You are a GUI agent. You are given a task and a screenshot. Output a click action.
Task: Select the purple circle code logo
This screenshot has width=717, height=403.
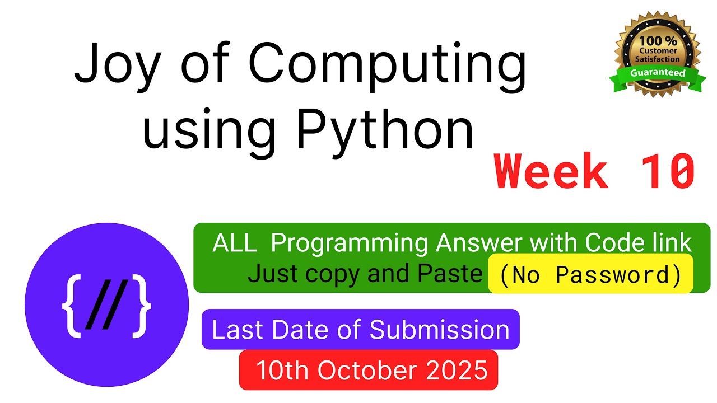pos(106,305)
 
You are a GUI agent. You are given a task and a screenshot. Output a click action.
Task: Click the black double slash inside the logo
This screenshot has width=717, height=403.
pos(106,307)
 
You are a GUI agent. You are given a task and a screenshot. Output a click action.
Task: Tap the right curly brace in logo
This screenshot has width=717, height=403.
pos(141,307)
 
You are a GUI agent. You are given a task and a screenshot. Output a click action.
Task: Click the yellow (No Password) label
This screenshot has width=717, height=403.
pos(590,274)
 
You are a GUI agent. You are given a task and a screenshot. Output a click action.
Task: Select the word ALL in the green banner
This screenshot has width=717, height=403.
pos(235,243)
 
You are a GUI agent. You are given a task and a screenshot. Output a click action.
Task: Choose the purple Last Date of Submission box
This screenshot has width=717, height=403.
pos(360,330)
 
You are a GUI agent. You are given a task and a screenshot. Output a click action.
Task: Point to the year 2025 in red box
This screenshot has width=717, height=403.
pos(463,370)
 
